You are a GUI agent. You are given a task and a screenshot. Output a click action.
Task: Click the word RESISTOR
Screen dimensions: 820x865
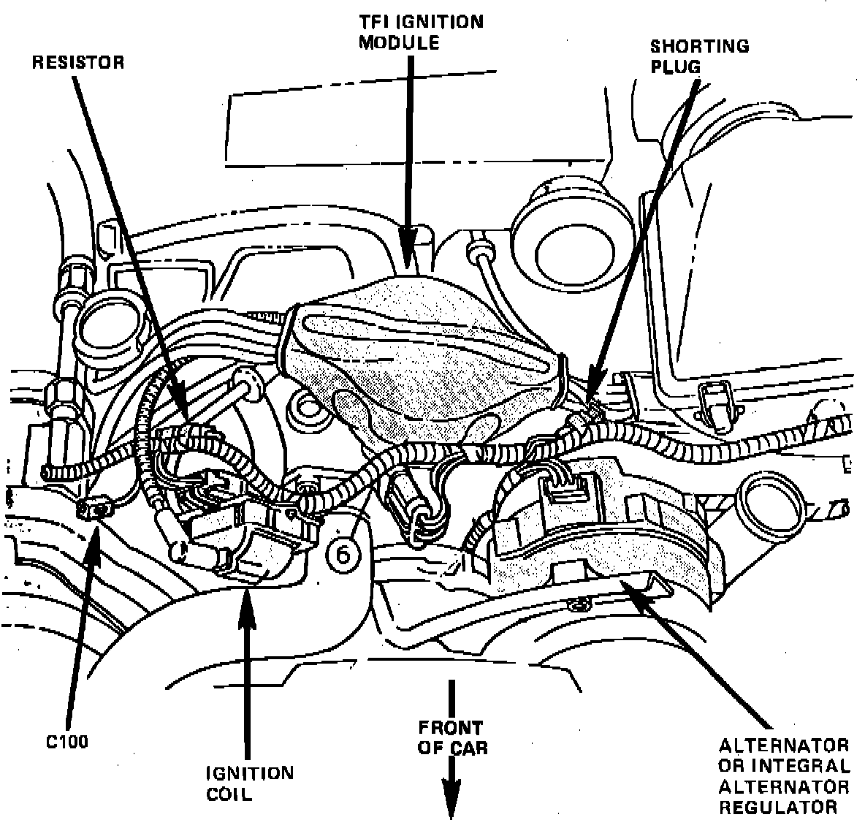coord(78,62)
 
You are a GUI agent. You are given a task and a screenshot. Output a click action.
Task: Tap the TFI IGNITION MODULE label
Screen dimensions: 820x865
coord(420,31)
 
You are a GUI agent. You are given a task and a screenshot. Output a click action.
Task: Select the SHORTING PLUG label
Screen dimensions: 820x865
coord(699,56)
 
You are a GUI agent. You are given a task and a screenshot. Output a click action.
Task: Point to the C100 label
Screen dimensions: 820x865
coord(65,741)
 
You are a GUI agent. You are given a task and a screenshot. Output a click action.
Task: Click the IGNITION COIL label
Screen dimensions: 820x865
coord(249,783)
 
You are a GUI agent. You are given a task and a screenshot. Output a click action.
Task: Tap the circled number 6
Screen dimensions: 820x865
coord(343,555)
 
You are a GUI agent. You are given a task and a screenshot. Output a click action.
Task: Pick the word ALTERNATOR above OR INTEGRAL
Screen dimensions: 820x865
coord(783,746)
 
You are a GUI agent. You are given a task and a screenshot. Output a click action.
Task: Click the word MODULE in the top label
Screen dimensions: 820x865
coord(398,42)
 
